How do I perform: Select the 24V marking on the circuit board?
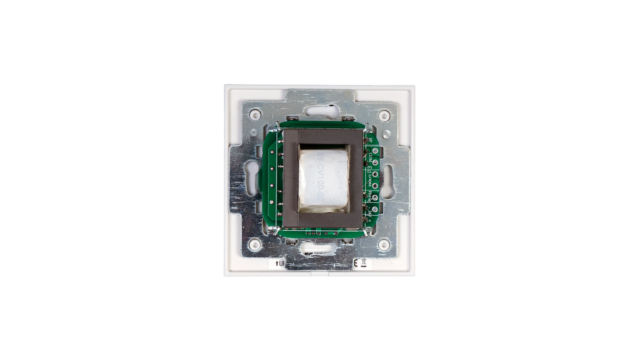coord(370,214)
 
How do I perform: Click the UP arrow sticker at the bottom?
coord(279,263)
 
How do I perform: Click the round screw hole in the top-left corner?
coord(255,116)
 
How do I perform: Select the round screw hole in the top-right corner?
coord(384,116)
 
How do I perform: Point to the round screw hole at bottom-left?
coord(255,244)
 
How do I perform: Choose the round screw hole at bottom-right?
coord(384,244)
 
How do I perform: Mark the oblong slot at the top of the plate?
coord(321,111)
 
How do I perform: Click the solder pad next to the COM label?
coord(375,162)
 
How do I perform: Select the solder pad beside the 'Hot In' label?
coord(375,197)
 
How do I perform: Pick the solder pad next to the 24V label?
coord(375,209)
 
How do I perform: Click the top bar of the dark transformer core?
coord(323,136)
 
